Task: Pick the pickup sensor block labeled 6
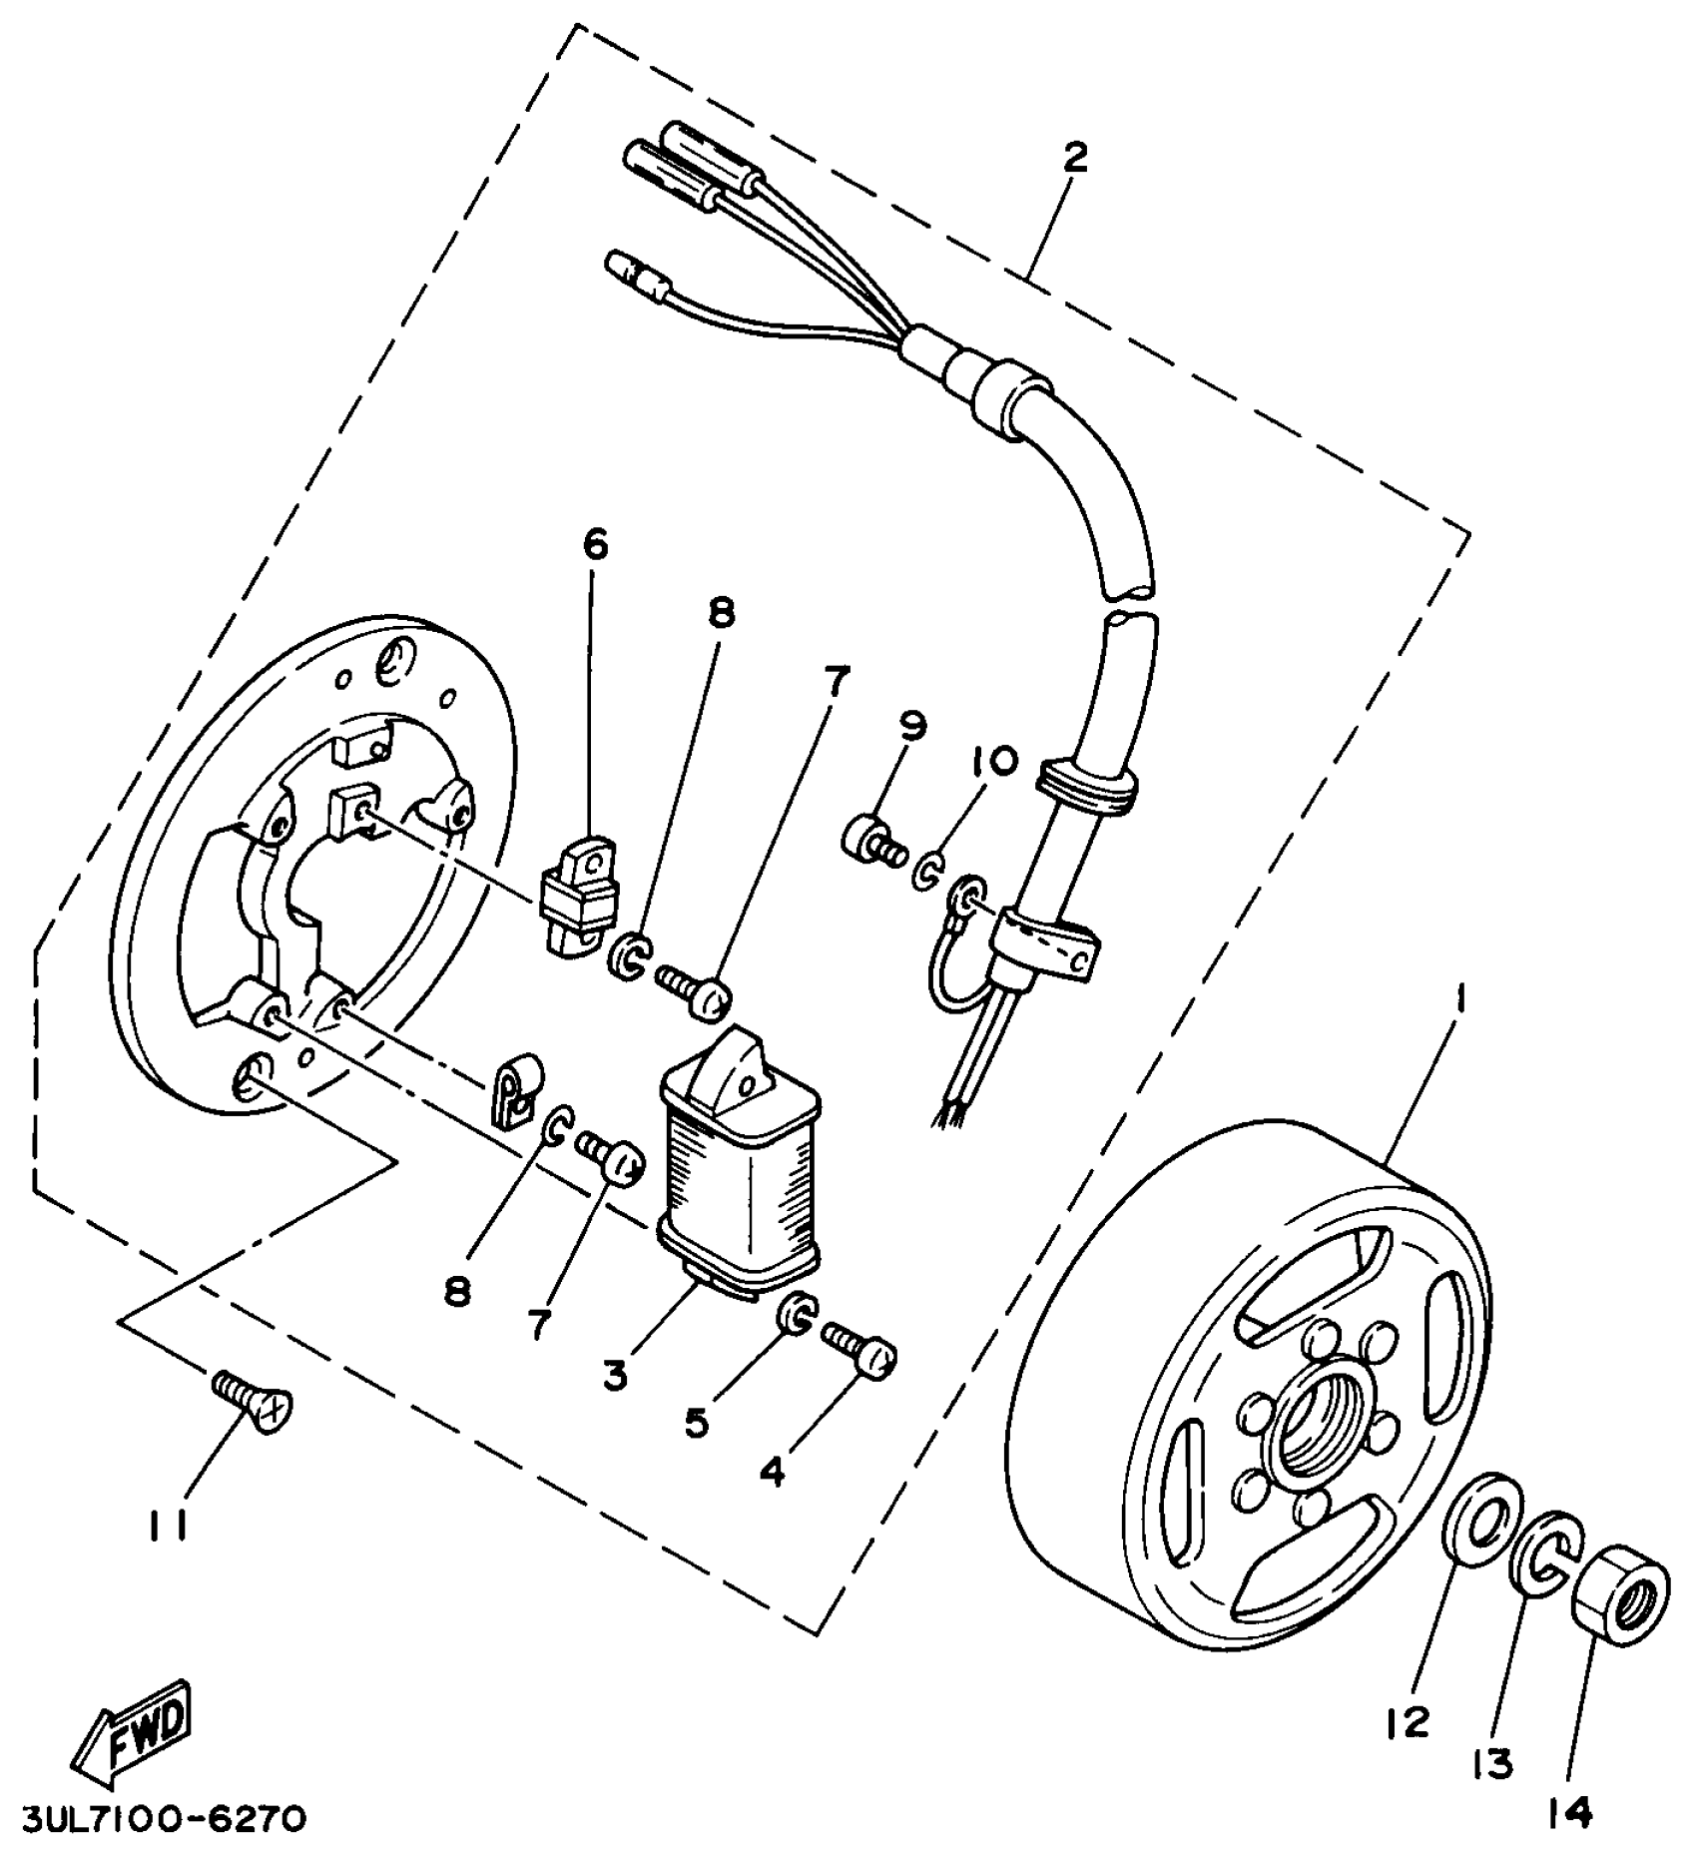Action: pyautogui.click(x=580, y=890)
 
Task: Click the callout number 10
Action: pyautogui.click(x=992, y=762)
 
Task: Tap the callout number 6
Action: pyautogui.click(x=594, y=544)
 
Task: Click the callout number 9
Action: pyautogui.click(x=911, y=724)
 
